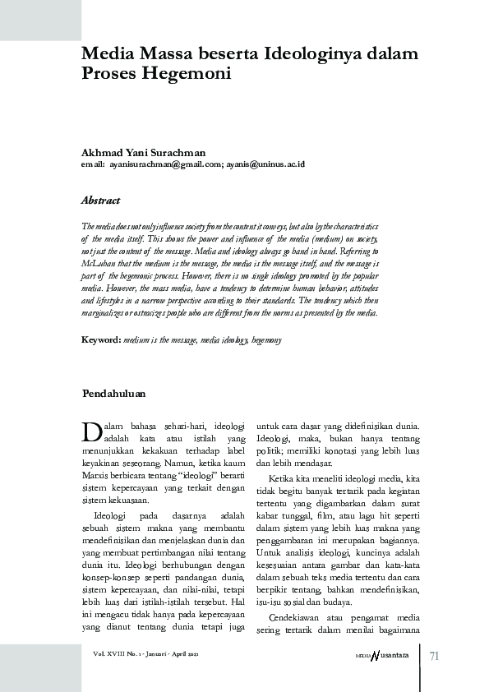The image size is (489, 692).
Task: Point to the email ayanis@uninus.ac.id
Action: (265, 164)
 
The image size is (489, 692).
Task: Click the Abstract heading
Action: (100, 201)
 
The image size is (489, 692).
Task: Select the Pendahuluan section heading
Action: (114, 394)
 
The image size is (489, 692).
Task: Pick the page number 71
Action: (436, 655)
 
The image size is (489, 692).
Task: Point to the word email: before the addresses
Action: (92, 164)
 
